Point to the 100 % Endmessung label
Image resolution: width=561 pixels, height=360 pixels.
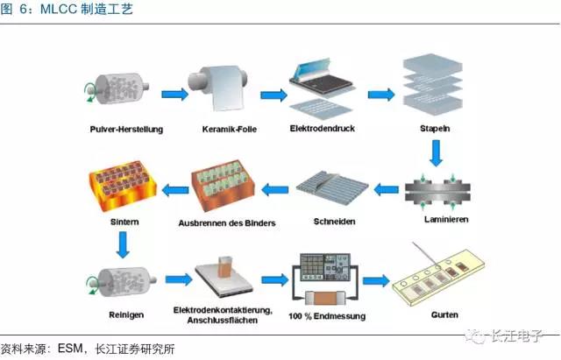(x=333, y=314)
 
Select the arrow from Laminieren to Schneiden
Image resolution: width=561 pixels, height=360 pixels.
(x=387, y=186)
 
